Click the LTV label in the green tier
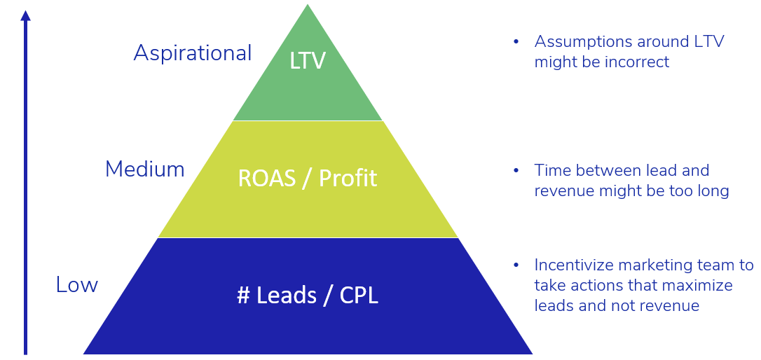coord(308,61)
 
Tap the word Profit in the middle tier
coord(348,179)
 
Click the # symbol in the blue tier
coord(243,296)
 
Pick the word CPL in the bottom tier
coord(359,296)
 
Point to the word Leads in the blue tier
coord(286,296)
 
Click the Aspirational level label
coord(192,53)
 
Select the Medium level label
coord(144,169)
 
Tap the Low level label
coord(76,285)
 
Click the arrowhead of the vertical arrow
coord(26,15)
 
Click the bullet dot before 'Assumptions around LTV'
coord(516,42)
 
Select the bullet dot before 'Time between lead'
coord(516,171)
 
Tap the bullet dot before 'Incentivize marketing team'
coord(516,265)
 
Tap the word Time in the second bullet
coord(550,171)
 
